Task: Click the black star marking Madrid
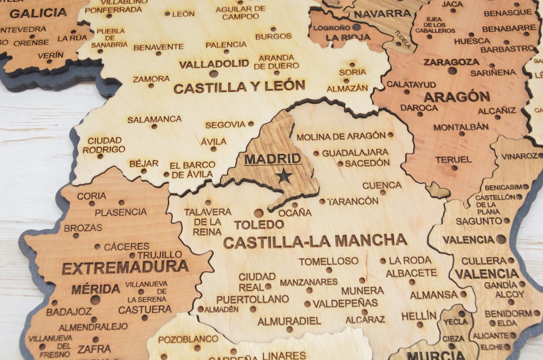(284, 176)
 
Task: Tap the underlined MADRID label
(273, 159)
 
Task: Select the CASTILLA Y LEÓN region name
(239, 87)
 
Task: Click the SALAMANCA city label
(154, 120)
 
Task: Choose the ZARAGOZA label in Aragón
(451, 62)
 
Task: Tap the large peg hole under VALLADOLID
(213, 74)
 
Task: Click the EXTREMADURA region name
(125, 267)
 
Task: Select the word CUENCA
(382, 185)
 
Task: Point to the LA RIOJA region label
(348, 37)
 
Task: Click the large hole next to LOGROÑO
(356, 27)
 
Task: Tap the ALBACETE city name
(411, 273)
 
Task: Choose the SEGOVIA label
(225, 125)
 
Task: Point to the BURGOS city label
(273, 36)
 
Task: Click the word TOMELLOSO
(328, 261)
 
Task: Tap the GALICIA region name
(38, 13)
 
